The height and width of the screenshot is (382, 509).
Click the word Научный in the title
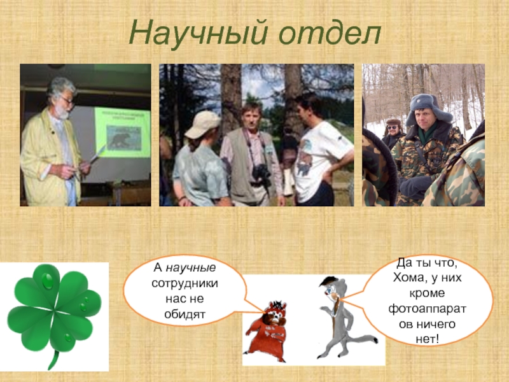199,33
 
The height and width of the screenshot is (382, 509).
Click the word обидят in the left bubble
185,314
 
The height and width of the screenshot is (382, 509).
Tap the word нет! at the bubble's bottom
427,339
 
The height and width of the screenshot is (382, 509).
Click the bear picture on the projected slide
123,138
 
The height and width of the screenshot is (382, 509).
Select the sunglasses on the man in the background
393,127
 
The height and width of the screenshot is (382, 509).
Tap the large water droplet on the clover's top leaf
47,281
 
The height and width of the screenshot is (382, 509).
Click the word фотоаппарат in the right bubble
427,309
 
